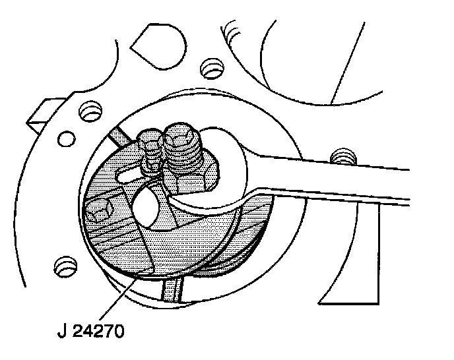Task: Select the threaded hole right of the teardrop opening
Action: [210, 67]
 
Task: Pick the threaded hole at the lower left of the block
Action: [63, 266]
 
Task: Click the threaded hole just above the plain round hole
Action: [86, 111]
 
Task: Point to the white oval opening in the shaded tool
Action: [146, 206]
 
